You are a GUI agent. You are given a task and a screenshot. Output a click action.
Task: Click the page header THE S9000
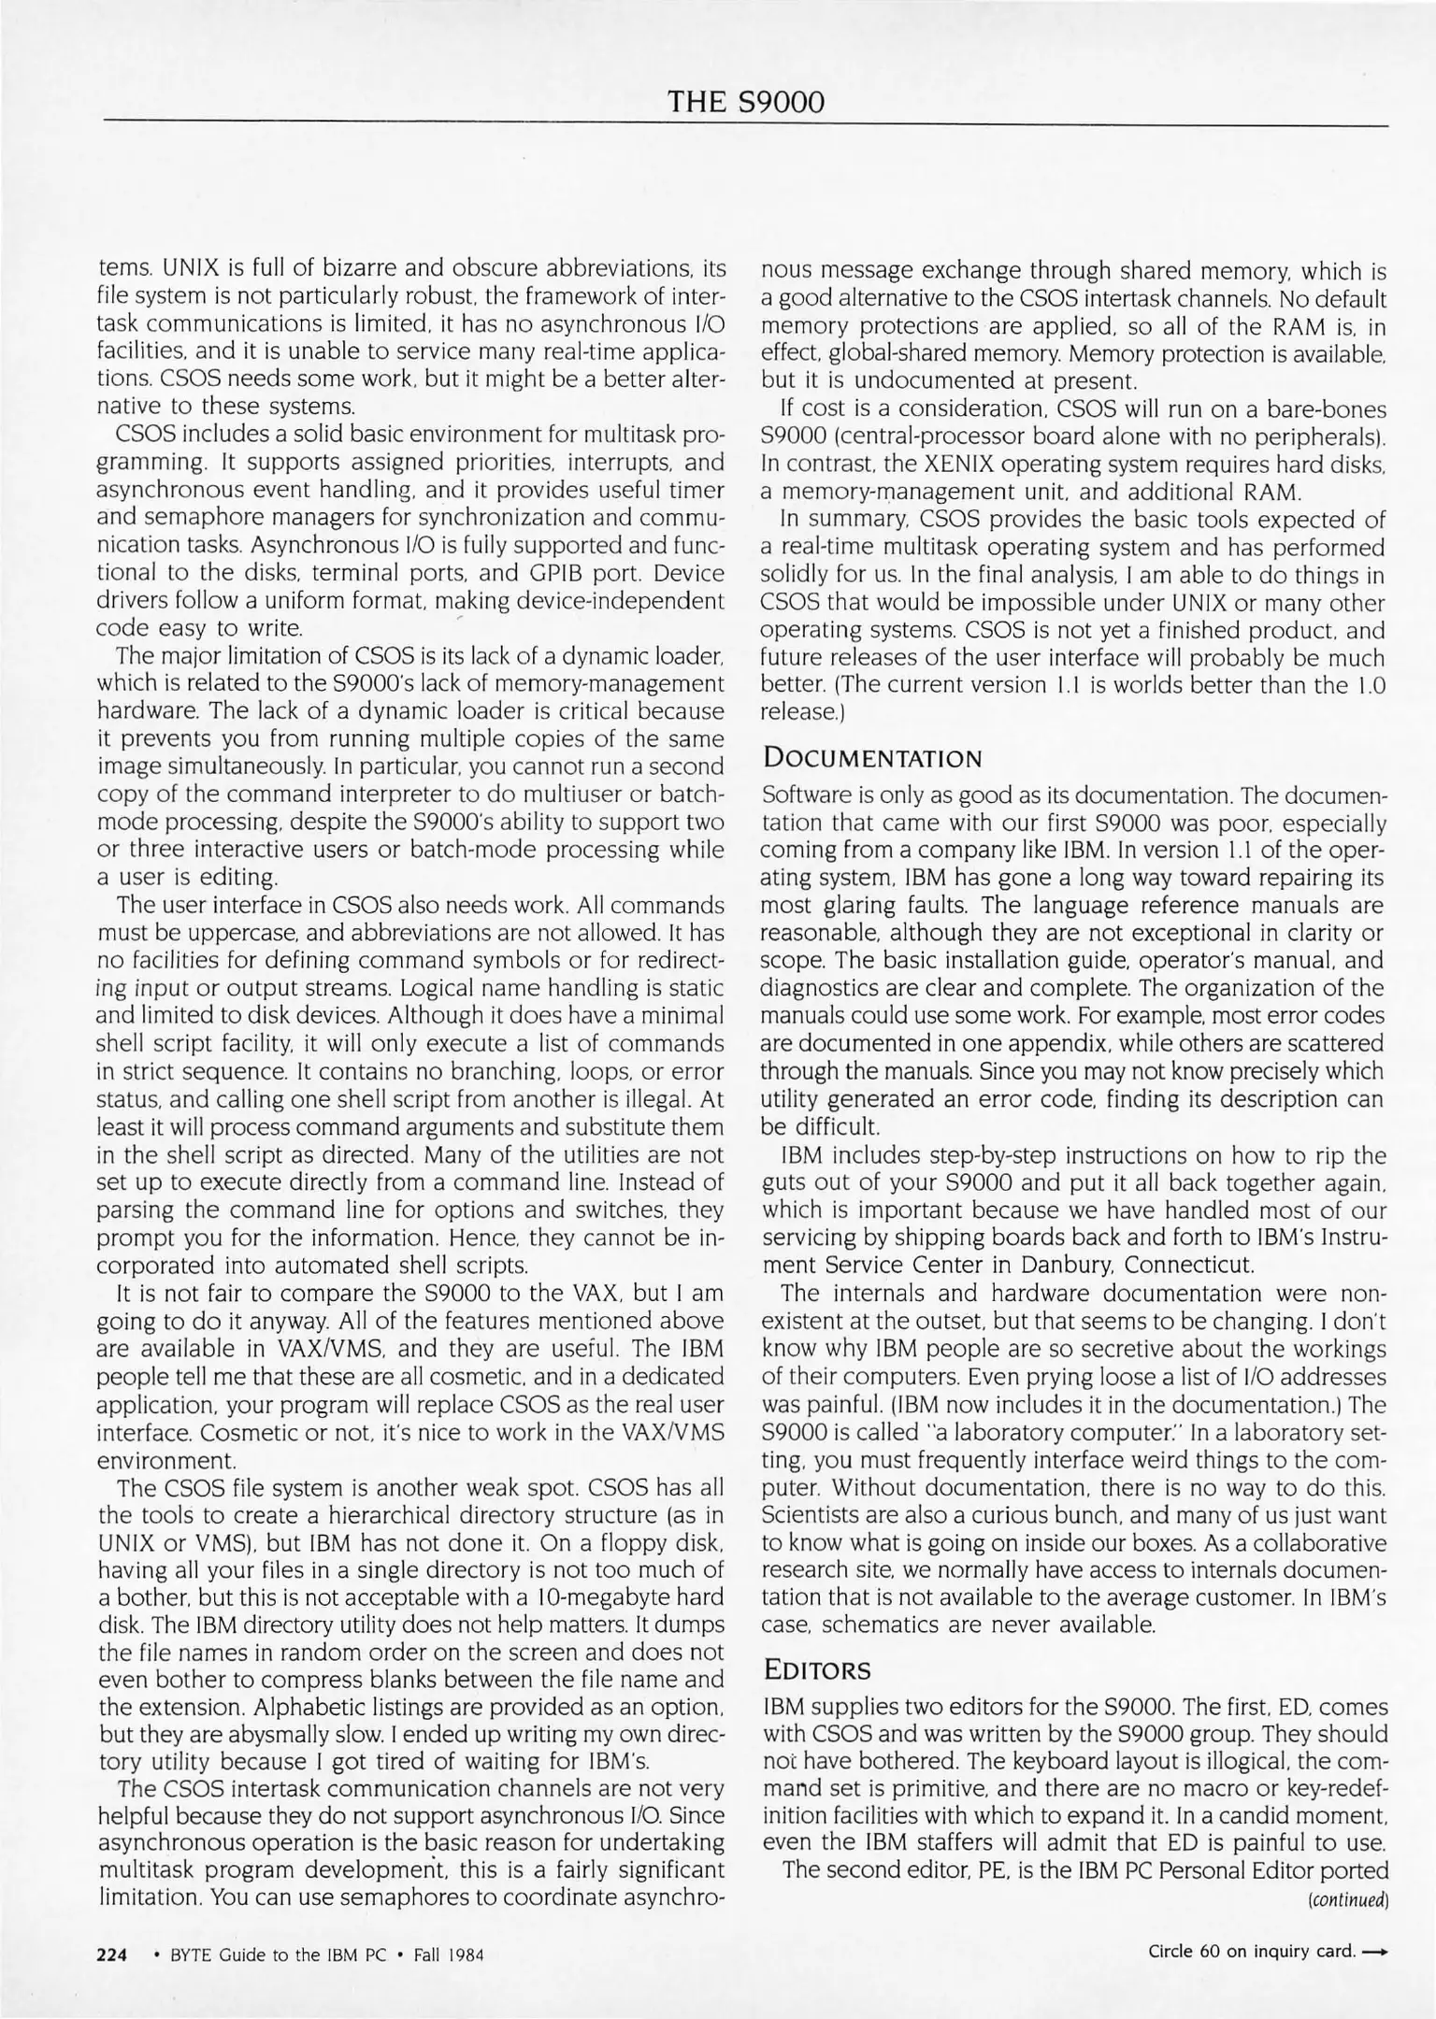click(x=746, y=102)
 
